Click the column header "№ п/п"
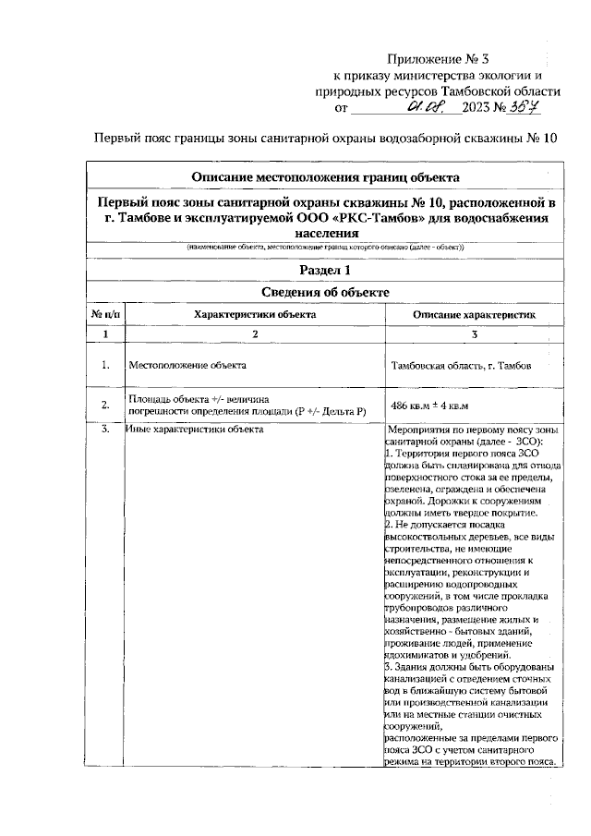pyautogui.click(x=105, y=314)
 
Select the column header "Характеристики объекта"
pyautogui.click(x=254, y=314)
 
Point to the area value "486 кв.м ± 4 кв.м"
pyautogui.click(x=429, y=406)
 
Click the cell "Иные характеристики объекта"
pyautogui.click(x=195, y=430)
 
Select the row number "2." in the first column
pyautogui.click(x=105, y=405)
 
